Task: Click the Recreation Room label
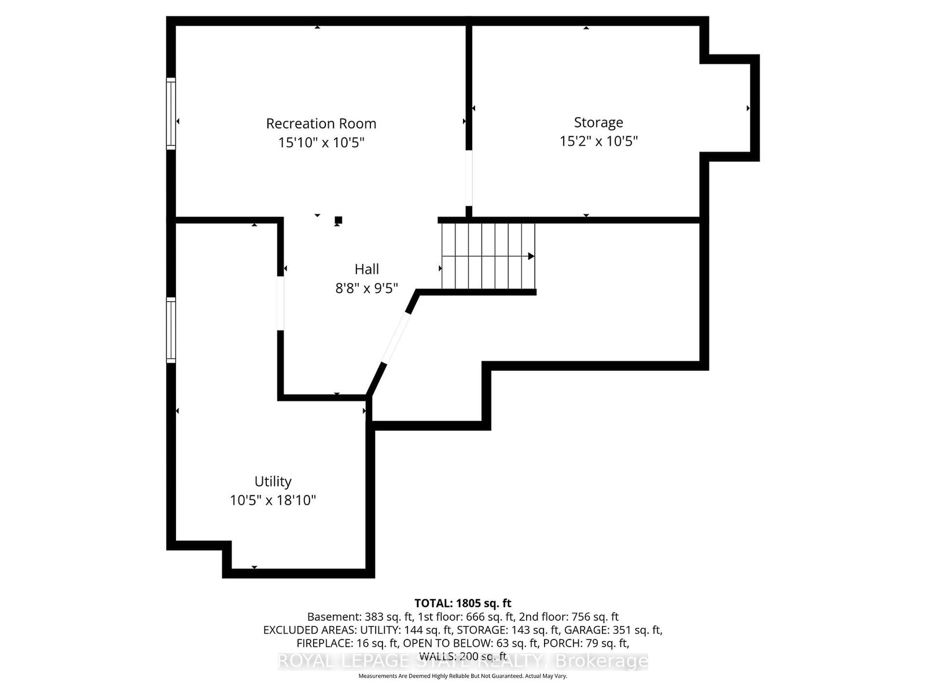[321, 123]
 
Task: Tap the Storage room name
[598, 122]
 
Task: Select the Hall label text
[367, 269]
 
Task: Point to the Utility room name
[273, 481]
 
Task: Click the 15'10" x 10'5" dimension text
[321, 142]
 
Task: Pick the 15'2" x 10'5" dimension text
[598, 141]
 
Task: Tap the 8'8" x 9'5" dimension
[367, 288]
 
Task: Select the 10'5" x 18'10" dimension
[273, 500]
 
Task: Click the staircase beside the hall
[487, 256]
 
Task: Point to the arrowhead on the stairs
[531, 256]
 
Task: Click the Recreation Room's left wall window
[171, 114]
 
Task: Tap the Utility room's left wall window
[171, 330]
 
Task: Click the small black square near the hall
[339, 220]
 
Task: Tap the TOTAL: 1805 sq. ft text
[462, 603]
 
